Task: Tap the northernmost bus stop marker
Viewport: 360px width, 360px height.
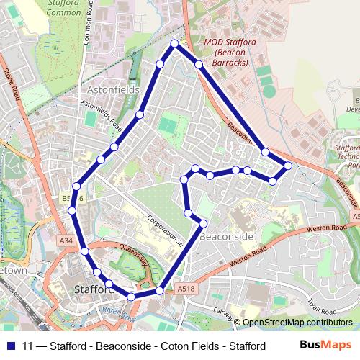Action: pos(174,44)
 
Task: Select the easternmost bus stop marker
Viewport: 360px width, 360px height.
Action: pos(288,166)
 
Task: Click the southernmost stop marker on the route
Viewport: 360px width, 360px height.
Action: pos(131,297)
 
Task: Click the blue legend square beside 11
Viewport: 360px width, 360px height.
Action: pos(10,346)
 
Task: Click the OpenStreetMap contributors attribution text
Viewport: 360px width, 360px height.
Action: pos(297,323)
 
